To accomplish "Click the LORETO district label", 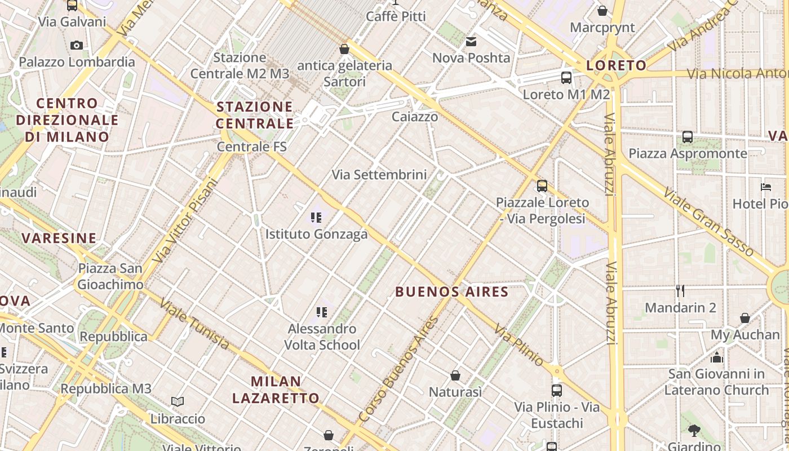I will pyautogui.click(x=617, y=65).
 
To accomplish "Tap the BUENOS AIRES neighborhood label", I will pyautogui.click(x=452, y=291).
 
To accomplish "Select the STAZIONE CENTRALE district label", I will pyautogui.click(x=255, y=115).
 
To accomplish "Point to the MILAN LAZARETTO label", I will pyautogui.click(x=276, y=390).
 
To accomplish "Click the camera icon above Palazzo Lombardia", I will pyautogui.click(x=77, y=45).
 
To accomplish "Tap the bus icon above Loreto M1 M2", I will pyautogui.click(x=566, y=78).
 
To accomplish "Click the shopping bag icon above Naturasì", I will pyautogui.click(x=455, y=375).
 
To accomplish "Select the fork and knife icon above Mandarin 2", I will pyautogui.click(x=680, y=291).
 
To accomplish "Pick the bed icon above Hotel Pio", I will pyautogui.click(x=765, y=187).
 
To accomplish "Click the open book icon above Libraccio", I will pyautogui.click(x=178, y=402).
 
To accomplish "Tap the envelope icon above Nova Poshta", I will pyautogui.click(x=471, y=42).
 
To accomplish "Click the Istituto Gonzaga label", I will pyautogui.click(x=316, y=234).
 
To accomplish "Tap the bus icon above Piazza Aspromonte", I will pyautogui.click(x=688, y=137).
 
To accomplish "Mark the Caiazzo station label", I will pyautogui.click(x=415, y=117).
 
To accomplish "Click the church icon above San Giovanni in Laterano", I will pyautogui.click(x=717, y=357).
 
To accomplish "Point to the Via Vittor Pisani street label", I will pyautogui.click(x=185, y=220).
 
